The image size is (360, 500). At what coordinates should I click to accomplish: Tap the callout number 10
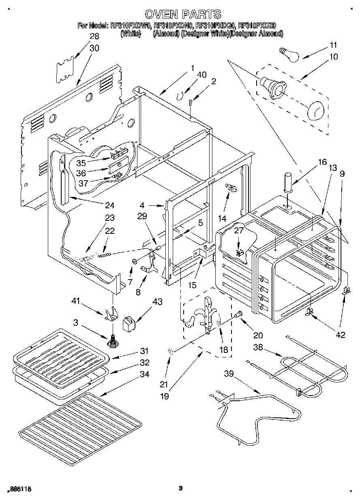click(x=333, y=57)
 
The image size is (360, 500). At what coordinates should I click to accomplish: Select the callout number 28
click(x=94, y=36)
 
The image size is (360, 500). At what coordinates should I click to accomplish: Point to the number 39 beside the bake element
click(x=229, y=374)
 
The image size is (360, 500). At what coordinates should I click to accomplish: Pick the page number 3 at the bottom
click(x=180, y=489)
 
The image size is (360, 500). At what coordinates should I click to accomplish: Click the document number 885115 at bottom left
click(x=19, y=489)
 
